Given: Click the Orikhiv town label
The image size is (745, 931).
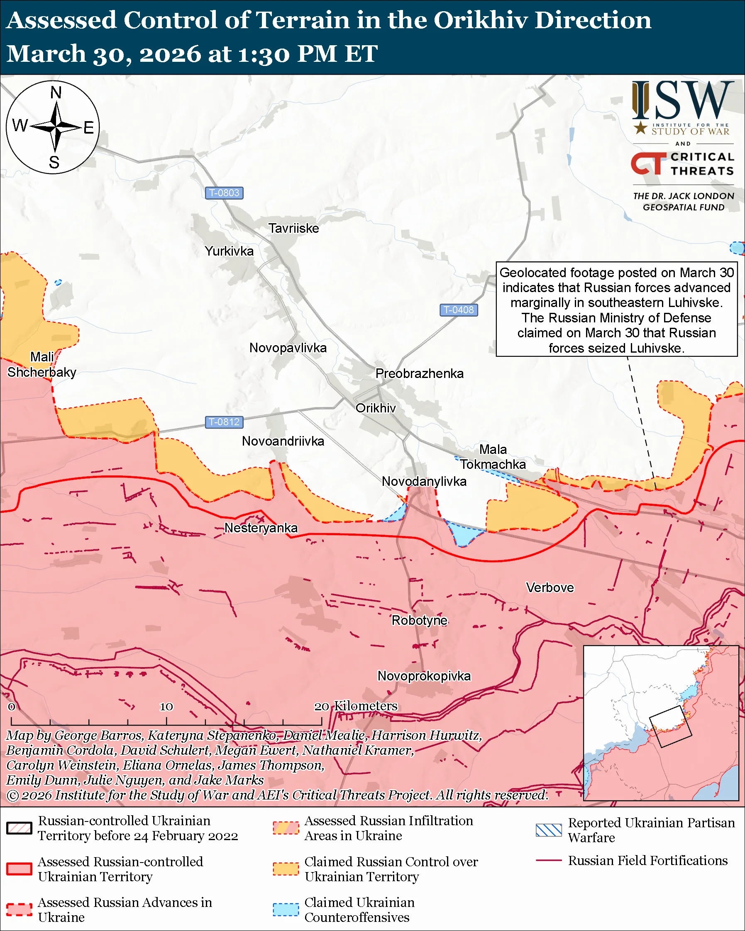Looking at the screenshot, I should point(375,408).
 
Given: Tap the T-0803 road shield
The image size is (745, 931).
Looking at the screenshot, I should point(224,193).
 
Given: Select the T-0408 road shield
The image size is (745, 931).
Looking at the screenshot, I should point(459,310).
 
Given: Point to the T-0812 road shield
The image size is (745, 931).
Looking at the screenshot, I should point(224,422).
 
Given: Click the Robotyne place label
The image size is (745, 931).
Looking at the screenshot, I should point(419,620).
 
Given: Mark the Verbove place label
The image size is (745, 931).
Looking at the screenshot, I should point(550,587).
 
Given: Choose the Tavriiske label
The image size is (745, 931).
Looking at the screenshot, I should point(294,228).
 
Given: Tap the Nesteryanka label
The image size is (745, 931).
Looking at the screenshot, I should point(261,528).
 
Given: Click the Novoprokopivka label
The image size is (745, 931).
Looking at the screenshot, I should point(424,676).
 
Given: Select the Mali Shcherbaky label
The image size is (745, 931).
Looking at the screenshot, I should point(42,364).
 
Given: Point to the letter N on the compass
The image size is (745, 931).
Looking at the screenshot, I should point(56,93).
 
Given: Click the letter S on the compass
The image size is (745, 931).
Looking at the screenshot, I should point(54,162).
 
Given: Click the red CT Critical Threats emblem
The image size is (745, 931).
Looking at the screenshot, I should point(648,163).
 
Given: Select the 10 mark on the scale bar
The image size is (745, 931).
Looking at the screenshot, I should point(166,707).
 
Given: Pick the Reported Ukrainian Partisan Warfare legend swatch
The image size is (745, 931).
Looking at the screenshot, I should point(549,830).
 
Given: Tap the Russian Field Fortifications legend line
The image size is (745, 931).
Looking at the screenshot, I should point(549,860).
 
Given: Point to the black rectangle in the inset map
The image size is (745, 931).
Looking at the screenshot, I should point(670,726).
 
